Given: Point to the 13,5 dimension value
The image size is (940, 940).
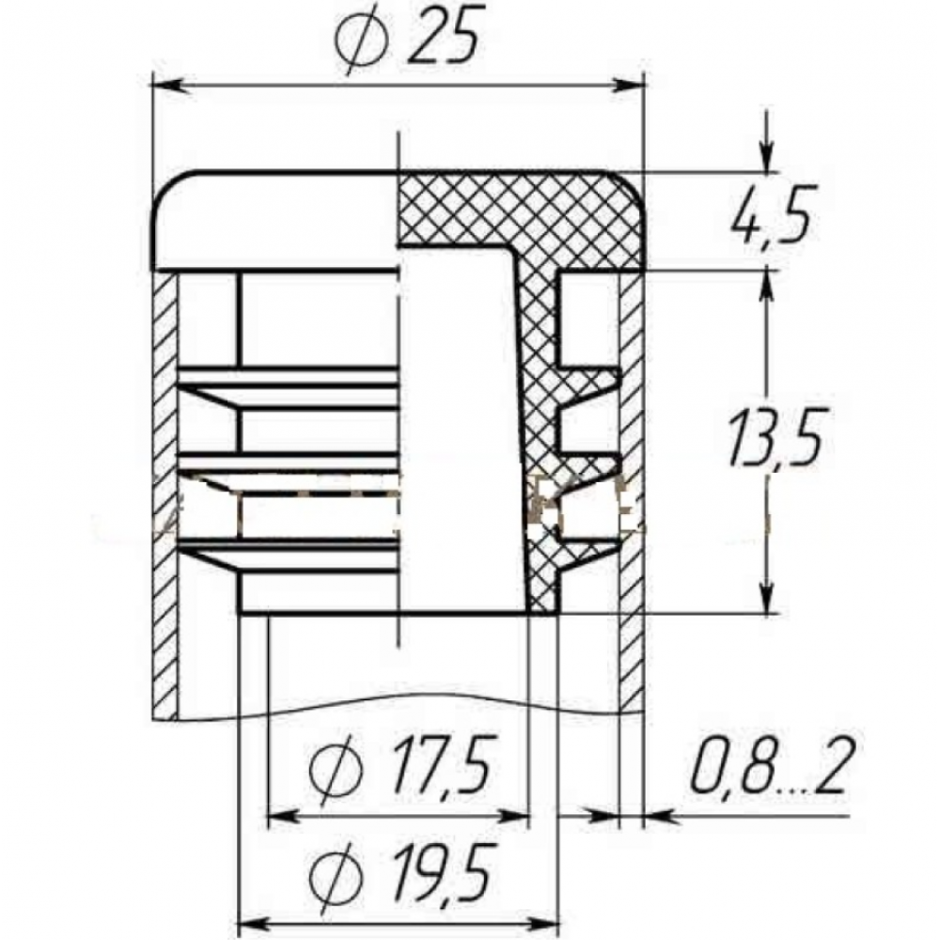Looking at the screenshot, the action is click(774, 436).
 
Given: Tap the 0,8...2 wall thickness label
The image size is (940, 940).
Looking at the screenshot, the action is click(772, 765).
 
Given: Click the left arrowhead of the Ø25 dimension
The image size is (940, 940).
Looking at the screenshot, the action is click(168, 86).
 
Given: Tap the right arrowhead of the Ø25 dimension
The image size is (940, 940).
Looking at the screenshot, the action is click(626, 86).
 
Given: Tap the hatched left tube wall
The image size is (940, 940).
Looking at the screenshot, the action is click(164, 495).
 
